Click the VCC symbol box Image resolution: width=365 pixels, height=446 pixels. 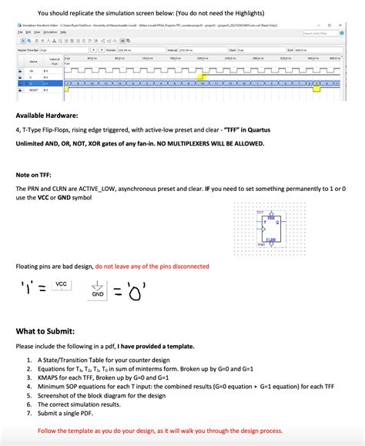coord(62,286)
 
